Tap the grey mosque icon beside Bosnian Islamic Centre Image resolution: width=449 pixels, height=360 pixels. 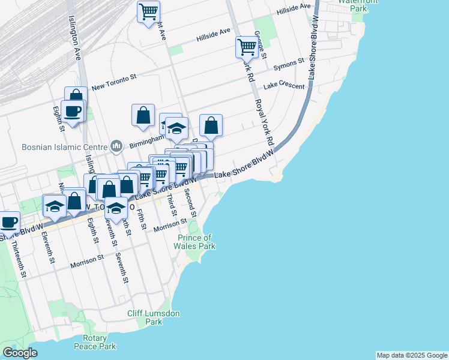pos(116,146)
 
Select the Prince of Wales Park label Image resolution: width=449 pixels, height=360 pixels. pos(196,242)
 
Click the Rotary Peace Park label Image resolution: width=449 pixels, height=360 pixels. pos(95,343)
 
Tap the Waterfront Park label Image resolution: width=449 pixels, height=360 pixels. pos(352,5)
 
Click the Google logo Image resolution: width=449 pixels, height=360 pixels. pos(20,353)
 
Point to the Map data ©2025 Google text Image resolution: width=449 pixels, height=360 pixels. pos(411,355)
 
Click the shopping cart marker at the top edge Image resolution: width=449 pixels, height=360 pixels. pos(148,11)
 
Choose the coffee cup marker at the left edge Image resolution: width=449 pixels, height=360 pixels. pos(8,221)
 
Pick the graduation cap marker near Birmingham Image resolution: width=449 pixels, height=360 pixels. pos(176,128)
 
